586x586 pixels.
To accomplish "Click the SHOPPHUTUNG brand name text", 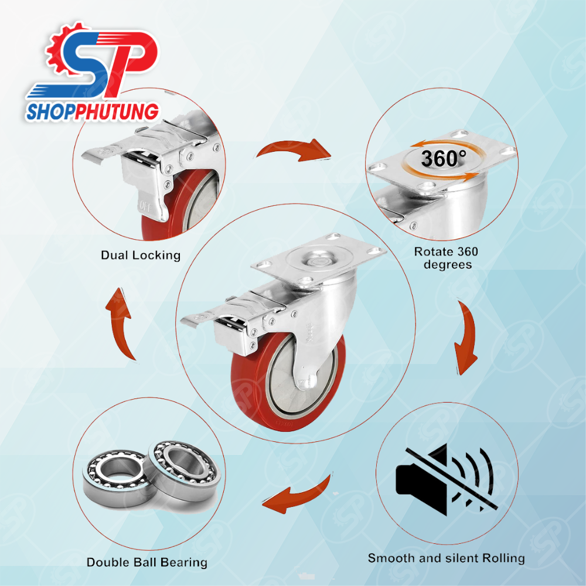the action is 93,112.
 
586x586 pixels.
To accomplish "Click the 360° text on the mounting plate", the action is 444,158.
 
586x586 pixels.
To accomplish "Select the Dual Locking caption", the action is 141,255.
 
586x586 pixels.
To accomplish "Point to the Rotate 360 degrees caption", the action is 446,258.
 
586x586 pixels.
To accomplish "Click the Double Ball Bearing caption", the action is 147,563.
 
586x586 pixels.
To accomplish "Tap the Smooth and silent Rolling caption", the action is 446,558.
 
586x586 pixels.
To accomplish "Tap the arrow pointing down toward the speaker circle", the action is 468,336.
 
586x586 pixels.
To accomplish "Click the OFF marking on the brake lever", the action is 145,206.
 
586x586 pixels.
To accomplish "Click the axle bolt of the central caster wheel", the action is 307,382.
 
